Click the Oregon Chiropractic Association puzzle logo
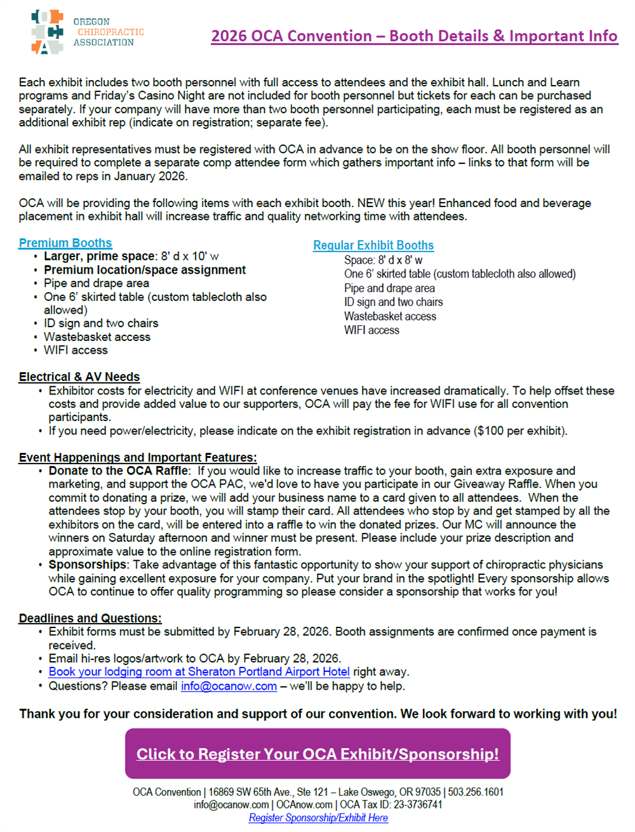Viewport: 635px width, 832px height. tap(48, 32)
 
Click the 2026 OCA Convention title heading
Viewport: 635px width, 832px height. tap(414, 36)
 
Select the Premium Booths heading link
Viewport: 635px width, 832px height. tap(65, 243)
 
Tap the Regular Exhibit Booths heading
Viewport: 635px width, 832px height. tap(373, 246)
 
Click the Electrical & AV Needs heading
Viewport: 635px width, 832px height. tap(79, 377)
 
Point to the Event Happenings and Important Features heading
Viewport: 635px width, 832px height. tap(138, 457)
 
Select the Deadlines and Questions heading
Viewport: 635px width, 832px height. tap(90, 618)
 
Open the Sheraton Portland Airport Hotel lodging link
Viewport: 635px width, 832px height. tap(199, 672)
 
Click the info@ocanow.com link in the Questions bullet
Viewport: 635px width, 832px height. tap(229, 686)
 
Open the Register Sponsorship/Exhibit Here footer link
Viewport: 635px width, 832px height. tap(318, 818)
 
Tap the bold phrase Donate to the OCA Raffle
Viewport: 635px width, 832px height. tap(119, 471)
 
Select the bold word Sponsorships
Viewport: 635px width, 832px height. tap(88, 565)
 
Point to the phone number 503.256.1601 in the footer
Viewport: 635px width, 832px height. tap(476, 792)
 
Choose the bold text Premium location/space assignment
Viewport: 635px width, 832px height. tap(144, 270)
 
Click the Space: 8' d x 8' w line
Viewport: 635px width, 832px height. tap(383, 260)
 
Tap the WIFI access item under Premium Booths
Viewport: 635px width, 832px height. tap(76, 350)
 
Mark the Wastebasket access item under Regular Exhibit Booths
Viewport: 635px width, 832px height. tap(390, 316)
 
